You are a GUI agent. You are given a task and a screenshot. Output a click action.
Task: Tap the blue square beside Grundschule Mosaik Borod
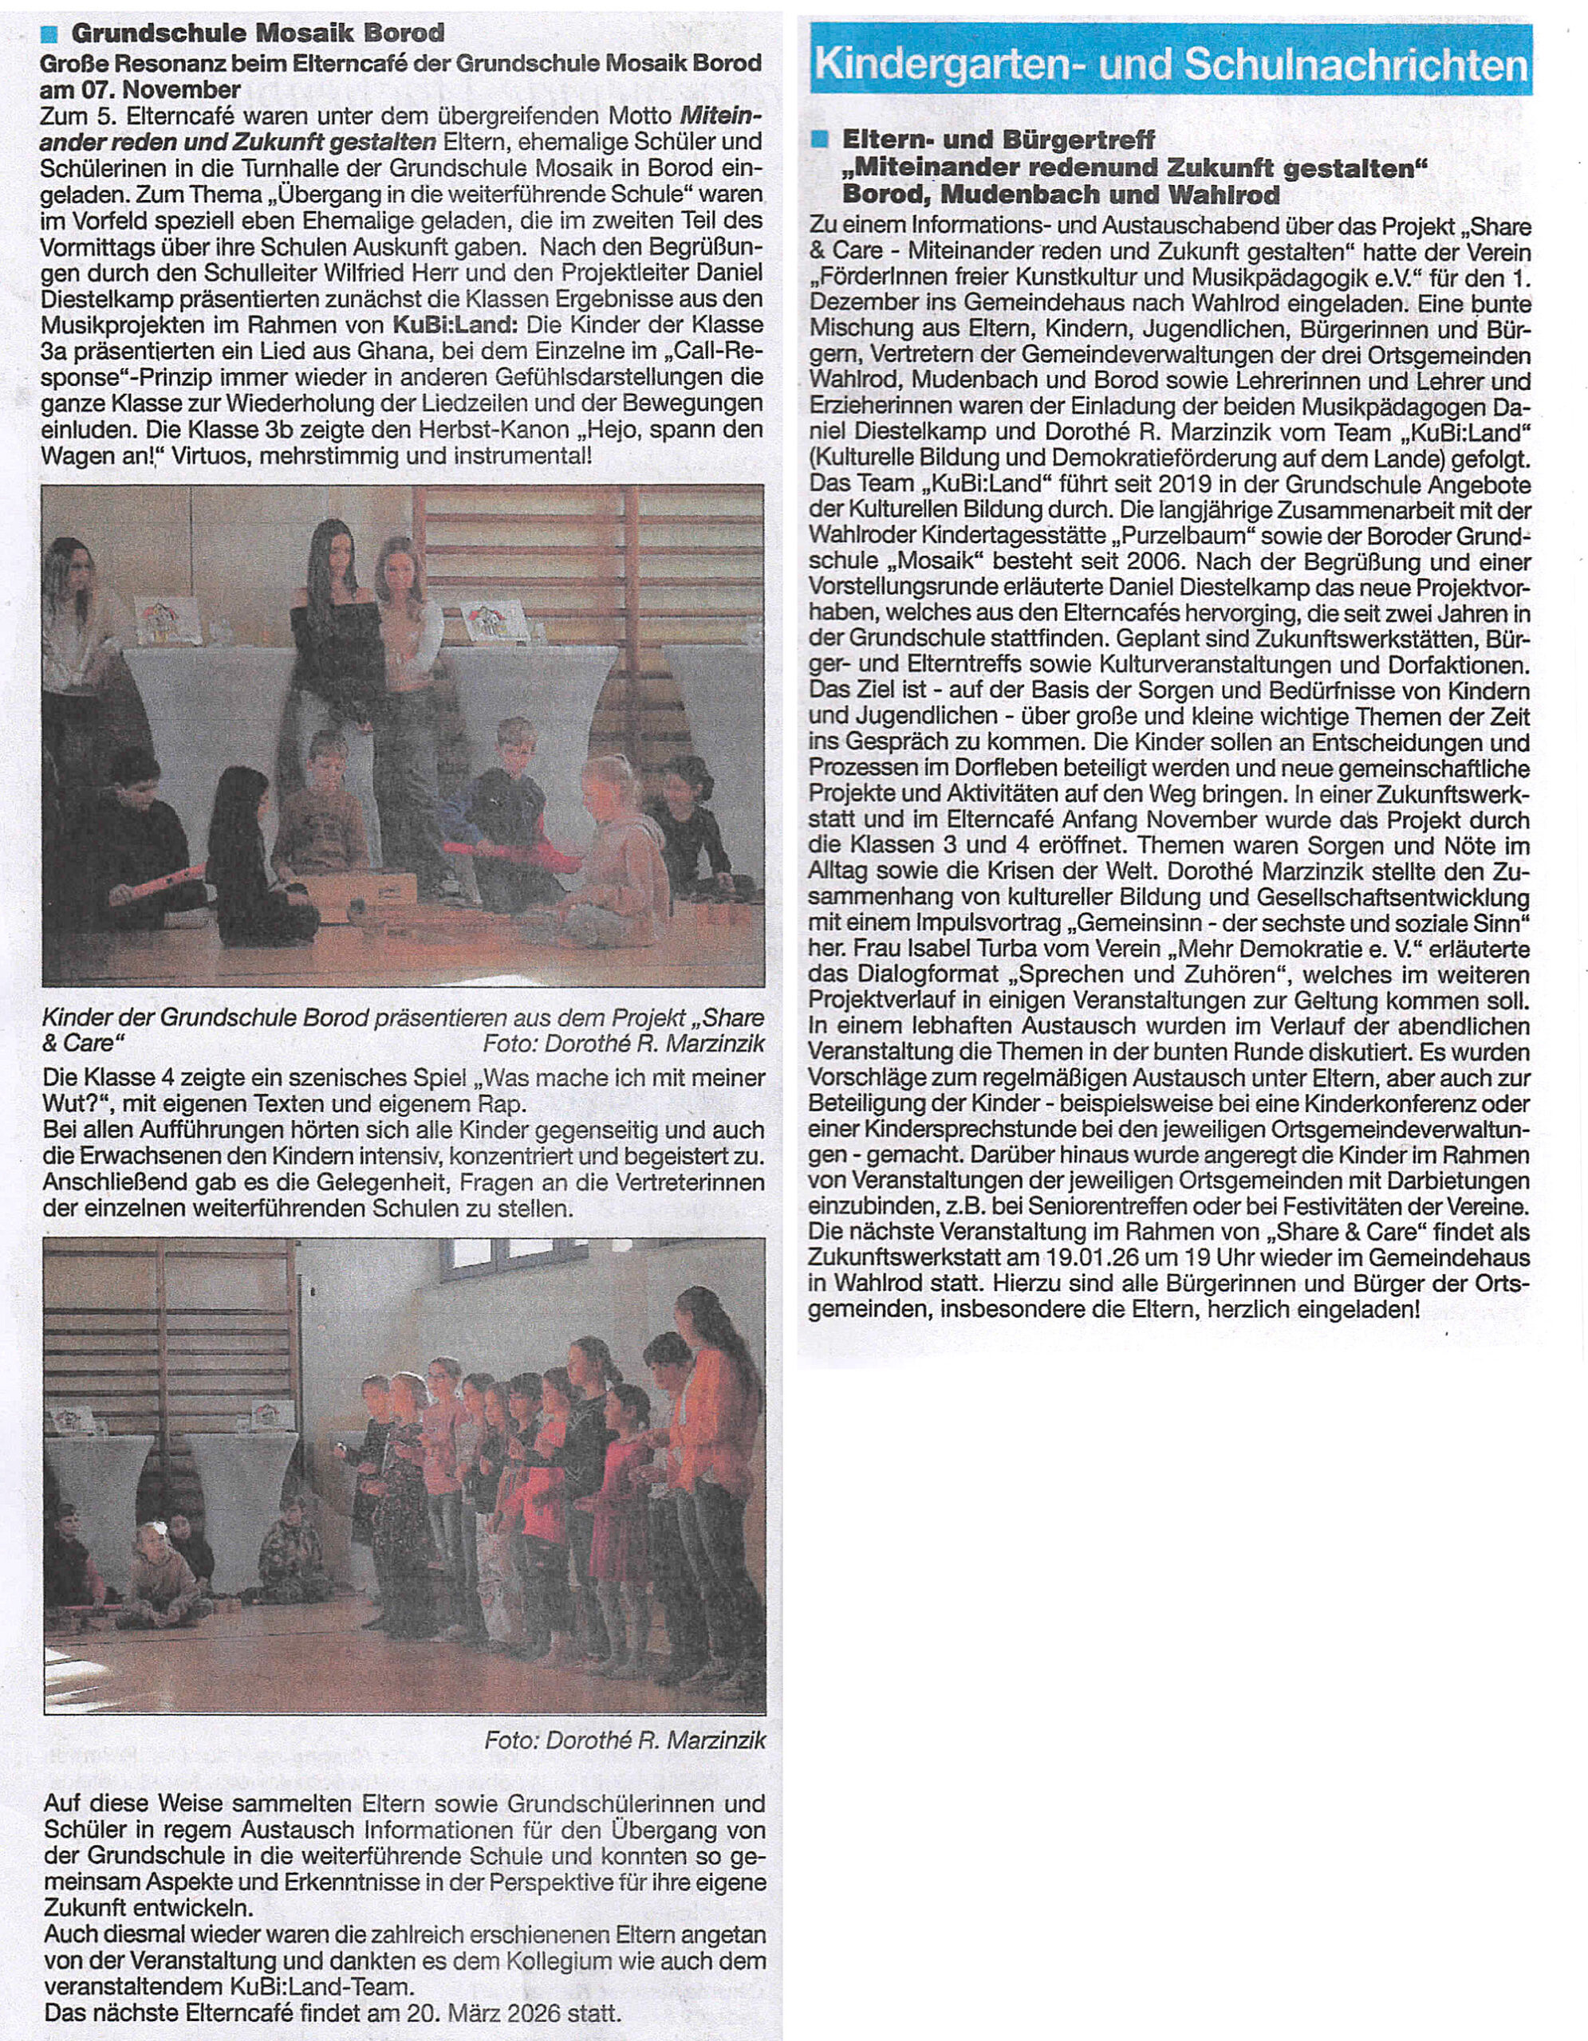(50, 34)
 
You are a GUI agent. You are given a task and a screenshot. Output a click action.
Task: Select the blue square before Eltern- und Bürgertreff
(821, 140)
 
